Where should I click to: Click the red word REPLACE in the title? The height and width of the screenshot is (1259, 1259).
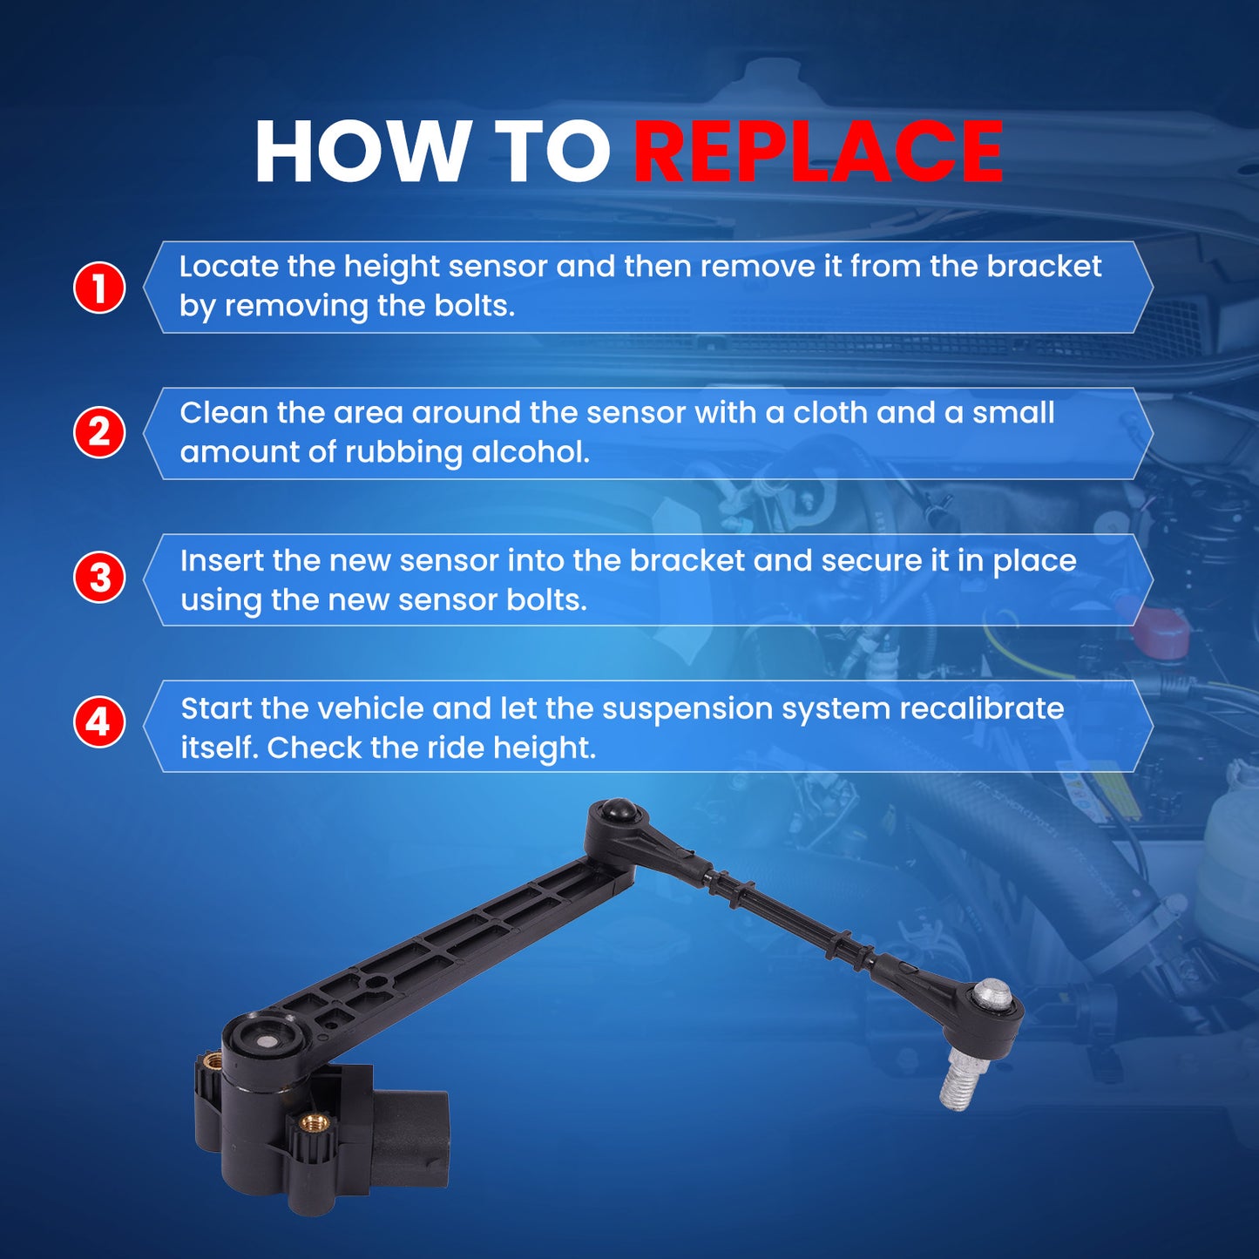818,152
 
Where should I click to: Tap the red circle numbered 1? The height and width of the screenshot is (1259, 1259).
98,288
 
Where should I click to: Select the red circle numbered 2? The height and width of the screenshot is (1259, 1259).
98,432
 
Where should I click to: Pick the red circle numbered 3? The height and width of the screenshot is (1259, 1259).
98,579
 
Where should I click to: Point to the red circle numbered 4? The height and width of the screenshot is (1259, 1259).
98,723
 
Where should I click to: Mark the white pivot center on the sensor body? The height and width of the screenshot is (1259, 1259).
268,1040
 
